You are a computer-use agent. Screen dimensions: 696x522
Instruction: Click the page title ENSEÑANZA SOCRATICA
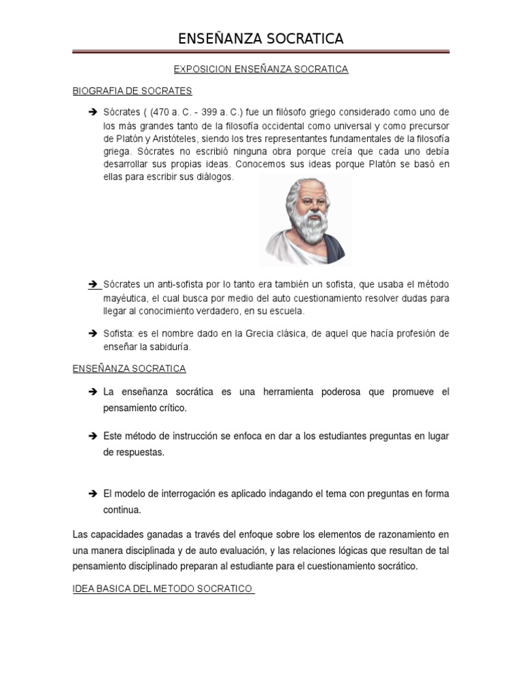pyautogui.click(x=261, y=39)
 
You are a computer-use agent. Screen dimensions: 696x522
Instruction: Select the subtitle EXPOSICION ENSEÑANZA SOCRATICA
pyautogui.click(x=261, y=69)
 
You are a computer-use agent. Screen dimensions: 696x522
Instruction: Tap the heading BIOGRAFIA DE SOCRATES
pyautogui.click(x=133, y=90)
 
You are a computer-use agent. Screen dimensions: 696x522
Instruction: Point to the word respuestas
pyautogui.click(x=134, y=452)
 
